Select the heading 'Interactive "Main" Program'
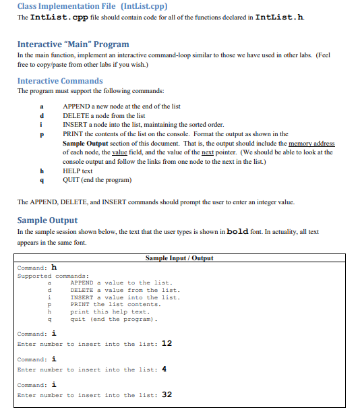pyautogui.click(x=73, y=44)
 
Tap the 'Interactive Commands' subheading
pyautogui.click(x=60, y=81)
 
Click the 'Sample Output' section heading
pyautogui.click(x=47, y=220)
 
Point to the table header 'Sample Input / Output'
pyautogui.click(x=179, y=258)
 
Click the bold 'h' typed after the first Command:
pyautogui.click(x=54, y=267)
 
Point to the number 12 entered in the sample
pyautogui.click(x=167, y=344)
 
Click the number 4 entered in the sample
pyautogui.click(x=164, y=369)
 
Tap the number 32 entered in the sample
pyautogui.click(x=167, y=395)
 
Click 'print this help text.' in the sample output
pyautogui.click(x=110, y=311)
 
